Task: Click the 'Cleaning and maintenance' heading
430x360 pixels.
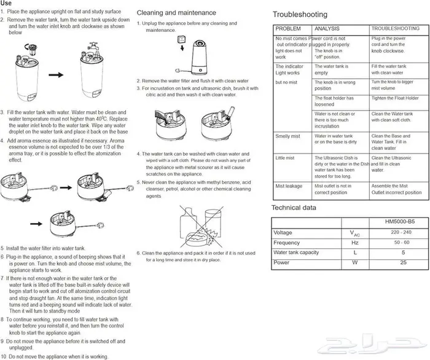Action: pos(176,12)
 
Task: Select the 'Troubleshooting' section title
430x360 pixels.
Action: pos(300,15)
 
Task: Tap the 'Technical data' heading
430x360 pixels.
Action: pos(294,208)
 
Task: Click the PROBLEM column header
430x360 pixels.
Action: pos(288,29)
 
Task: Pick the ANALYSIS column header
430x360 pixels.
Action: pos(327,29)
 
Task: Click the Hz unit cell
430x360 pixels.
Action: pos(355,243)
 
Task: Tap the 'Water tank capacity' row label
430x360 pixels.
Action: pos(296,252)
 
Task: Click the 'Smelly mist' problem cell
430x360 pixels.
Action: pos(287,136)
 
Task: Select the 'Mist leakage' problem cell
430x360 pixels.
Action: pos(289,185)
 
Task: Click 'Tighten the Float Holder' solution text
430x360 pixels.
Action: pos(395,98)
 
